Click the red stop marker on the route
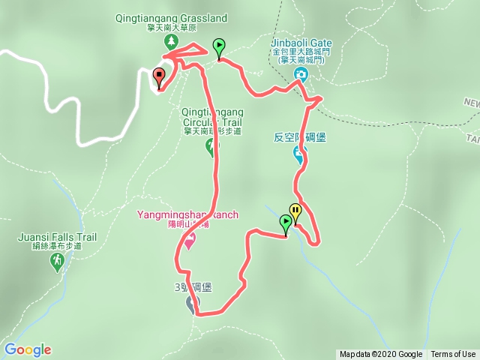coord(159,76)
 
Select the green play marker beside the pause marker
coord(285,223)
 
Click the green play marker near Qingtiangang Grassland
coord(218,47)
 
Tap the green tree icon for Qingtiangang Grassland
coord(171,40)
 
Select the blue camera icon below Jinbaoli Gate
coord(301,73)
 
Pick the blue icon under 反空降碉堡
coord(299,155)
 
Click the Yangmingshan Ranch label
coord(187,215)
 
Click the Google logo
coord(28,349)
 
